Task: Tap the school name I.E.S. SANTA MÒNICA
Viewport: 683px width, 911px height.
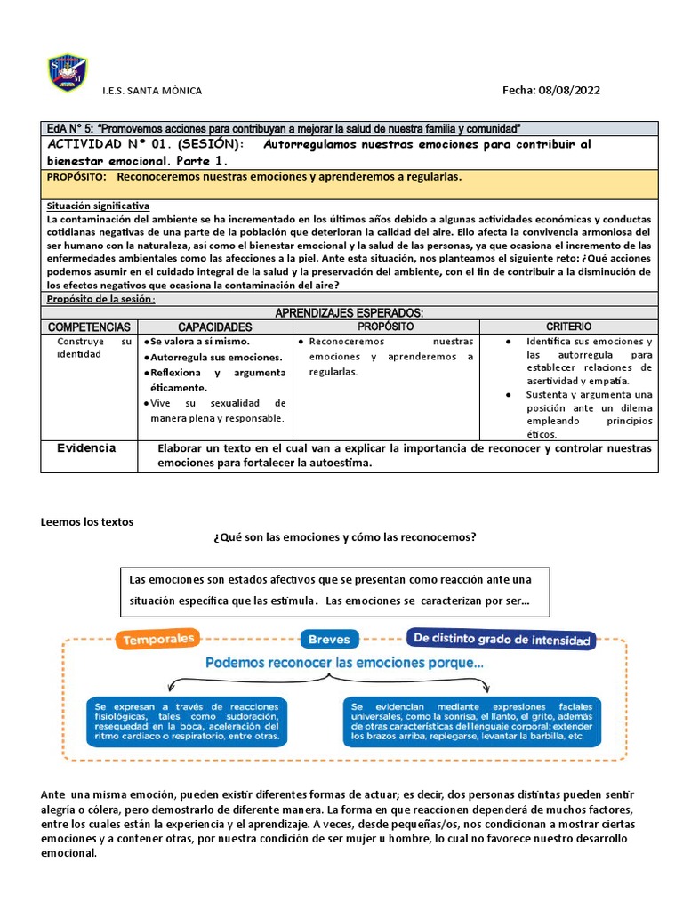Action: (153, 91)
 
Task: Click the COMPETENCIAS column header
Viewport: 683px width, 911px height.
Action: (89, 327)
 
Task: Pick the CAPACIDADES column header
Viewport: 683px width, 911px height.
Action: (215, 327)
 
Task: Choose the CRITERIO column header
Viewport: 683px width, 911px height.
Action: (568, 327)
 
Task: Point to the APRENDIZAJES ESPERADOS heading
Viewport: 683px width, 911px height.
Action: (349, 313)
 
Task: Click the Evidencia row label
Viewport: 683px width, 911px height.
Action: (86, 447)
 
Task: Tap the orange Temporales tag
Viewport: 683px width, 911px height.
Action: (159, 639)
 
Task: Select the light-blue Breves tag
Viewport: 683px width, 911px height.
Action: (329, 639)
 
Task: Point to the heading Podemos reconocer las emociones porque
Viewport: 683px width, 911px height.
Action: (344, 663)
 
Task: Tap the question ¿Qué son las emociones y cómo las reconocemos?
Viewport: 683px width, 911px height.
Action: (345, 537)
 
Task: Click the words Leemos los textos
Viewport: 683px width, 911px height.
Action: (87, 521)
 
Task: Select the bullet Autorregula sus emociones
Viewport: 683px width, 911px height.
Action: (204, 357)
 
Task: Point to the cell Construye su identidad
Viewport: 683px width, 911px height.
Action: (93, 348)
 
